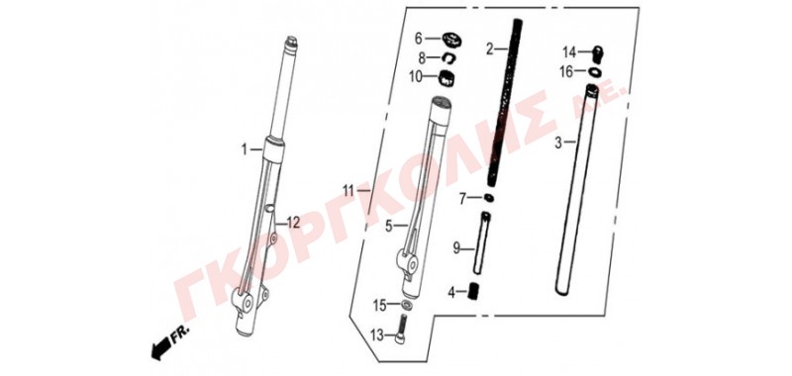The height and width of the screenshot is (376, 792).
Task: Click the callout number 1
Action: tap(245, 149)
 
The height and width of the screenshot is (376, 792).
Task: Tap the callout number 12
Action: tap(293, 222)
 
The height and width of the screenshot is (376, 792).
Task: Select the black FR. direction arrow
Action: tap(160, 348)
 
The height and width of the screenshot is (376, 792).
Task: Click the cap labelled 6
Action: tap(451, 39)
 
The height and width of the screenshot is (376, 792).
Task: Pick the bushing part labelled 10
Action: tap(446, 78)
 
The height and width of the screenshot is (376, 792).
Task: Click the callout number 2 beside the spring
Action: tap(489, 49)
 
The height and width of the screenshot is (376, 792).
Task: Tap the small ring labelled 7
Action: tap(489, 198)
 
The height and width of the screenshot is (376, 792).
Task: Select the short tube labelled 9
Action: tap(481, 242)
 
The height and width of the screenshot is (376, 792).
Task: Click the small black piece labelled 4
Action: tap(474, 291)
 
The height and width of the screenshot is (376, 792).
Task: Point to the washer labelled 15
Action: tap(407, 306)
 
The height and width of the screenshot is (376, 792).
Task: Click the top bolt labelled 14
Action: tap(599, 52)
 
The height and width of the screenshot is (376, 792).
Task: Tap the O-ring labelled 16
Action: tap(595, 71)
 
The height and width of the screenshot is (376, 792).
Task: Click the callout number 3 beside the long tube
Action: tap(558, 142)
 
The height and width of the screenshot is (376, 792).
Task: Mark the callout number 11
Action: tap(349, 191)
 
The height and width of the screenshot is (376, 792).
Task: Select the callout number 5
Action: tap(388, 227)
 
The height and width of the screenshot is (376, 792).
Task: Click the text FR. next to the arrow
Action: tap(180, 333)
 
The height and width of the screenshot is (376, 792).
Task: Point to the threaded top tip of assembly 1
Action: tap(291, 41)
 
